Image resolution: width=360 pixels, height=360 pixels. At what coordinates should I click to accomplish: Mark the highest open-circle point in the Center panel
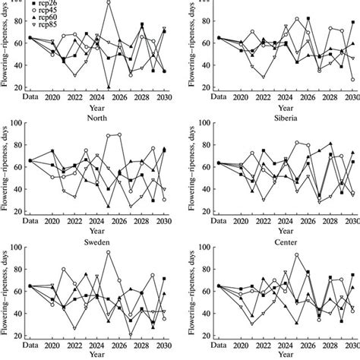pyautogui.click(x=296, y=254)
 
